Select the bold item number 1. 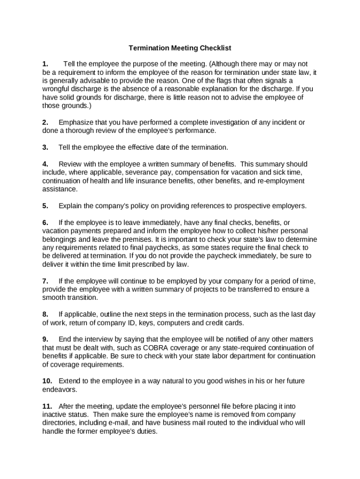pos(45,64)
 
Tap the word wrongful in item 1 pos(56,89)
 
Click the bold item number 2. pos(45,123)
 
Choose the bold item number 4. pos(45,164)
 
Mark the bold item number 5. pos(45,206)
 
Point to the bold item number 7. pos(45,281)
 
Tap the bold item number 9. pos(45,339)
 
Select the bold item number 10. pos(47,381)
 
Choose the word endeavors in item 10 pos(58,389)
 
